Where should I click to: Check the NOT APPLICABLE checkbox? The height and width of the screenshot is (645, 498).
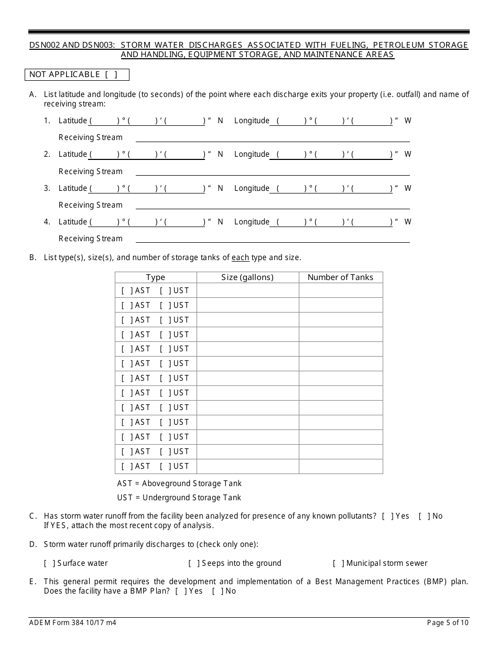(x=111, y=74)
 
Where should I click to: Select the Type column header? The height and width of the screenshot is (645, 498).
(x=156, y=277)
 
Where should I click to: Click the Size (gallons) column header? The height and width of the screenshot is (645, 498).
(x=247, y=277)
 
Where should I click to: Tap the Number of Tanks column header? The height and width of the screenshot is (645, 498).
(x=340, y=277)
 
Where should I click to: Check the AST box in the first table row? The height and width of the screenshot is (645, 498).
(x=127, y=291)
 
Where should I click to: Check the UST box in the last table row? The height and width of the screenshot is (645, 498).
(x=166, y=466)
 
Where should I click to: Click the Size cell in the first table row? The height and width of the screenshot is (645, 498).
(x=247, y=291)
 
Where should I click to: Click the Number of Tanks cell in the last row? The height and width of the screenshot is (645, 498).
(x=341, y=466)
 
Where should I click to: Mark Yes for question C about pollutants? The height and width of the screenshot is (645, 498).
(x=388, y=516)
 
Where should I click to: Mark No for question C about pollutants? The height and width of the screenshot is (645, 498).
(x=424, y=516)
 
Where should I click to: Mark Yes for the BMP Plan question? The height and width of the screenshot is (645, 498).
(x=181, y=591)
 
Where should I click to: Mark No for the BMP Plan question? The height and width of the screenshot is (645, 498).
(x=218, y=591)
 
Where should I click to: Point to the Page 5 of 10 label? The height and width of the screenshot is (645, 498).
(x=448, y=623)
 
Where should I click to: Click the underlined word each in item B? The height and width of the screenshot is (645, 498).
(x=240, y=257)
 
